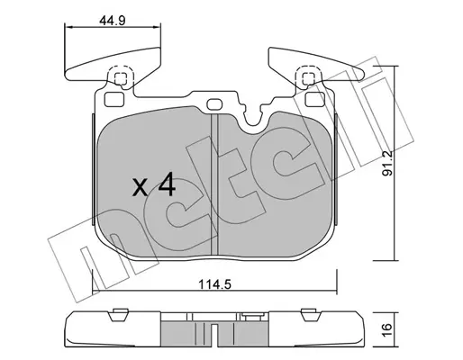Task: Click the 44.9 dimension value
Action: [112, 21]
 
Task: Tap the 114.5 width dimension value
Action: [214, 283]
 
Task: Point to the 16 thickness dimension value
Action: [387, 330]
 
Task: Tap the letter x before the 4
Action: [141, 187]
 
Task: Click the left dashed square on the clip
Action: [121, 78]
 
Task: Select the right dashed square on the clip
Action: [308, 78]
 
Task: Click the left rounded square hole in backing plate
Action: [114, 99]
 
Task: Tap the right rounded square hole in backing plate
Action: [315, 99]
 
